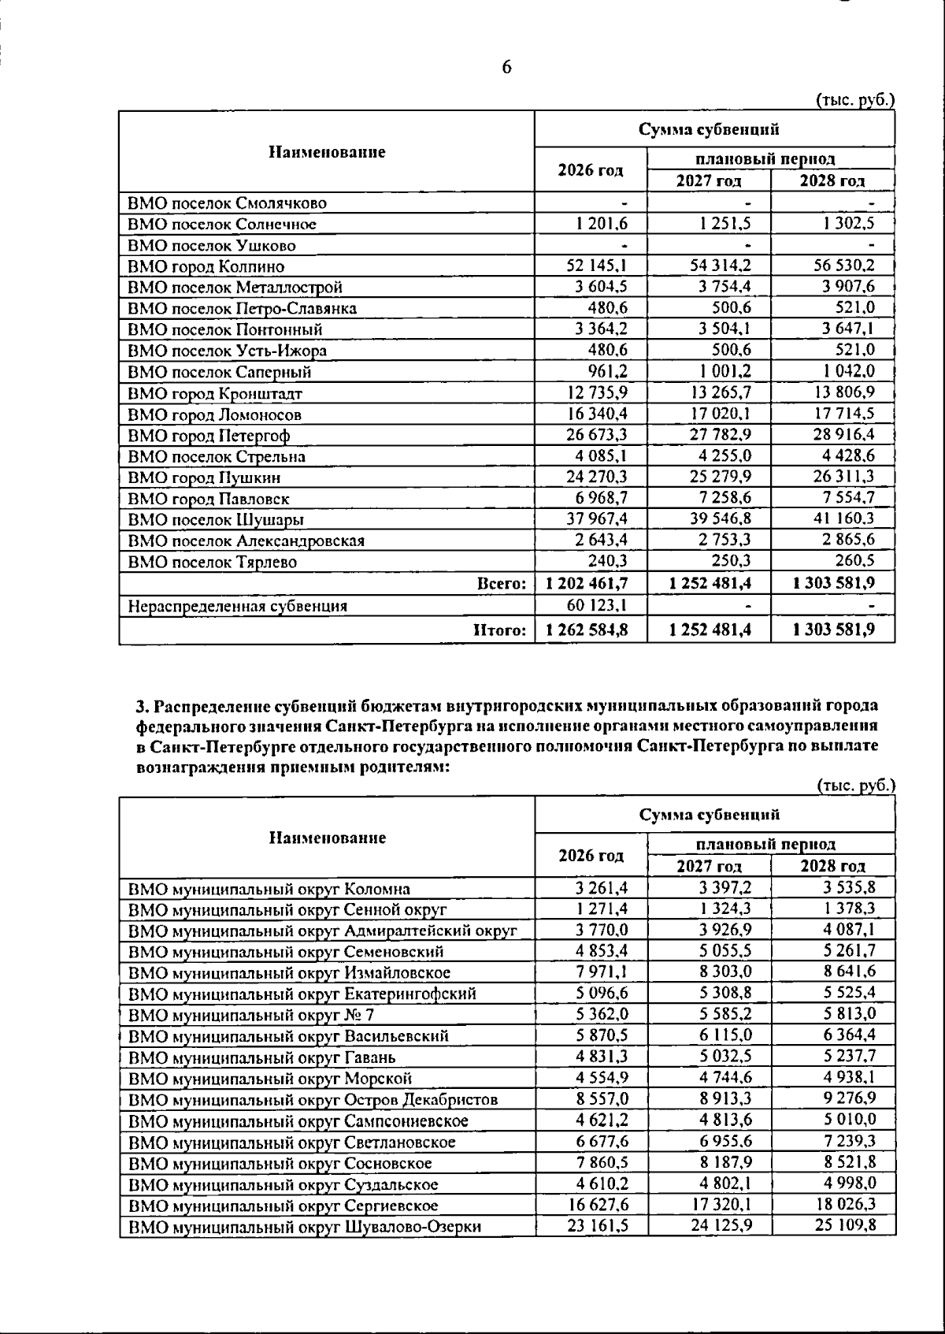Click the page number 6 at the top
[x=506, y=68]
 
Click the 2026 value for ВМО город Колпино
[x=597, y=266]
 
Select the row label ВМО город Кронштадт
[x=215, y=393]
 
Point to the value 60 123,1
[x=597, y=605]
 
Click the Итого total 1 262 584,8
[x=587, y=630]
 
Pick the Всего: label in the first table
[x=502, y=584]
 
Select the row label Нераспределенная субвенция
[x=238, y=606]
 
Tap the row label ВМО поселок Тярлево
[x=212, y=562]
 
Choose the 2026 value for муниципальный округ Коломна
[x=602, y=888]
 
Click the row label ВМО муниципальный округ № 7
[x=251, y=1015]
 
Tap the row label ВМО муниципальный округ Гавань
[x=262, y=1057]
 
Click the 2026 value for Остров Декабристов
[x=602, y=1099]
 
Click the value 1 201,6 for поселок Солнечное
[x=602, y=224]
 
